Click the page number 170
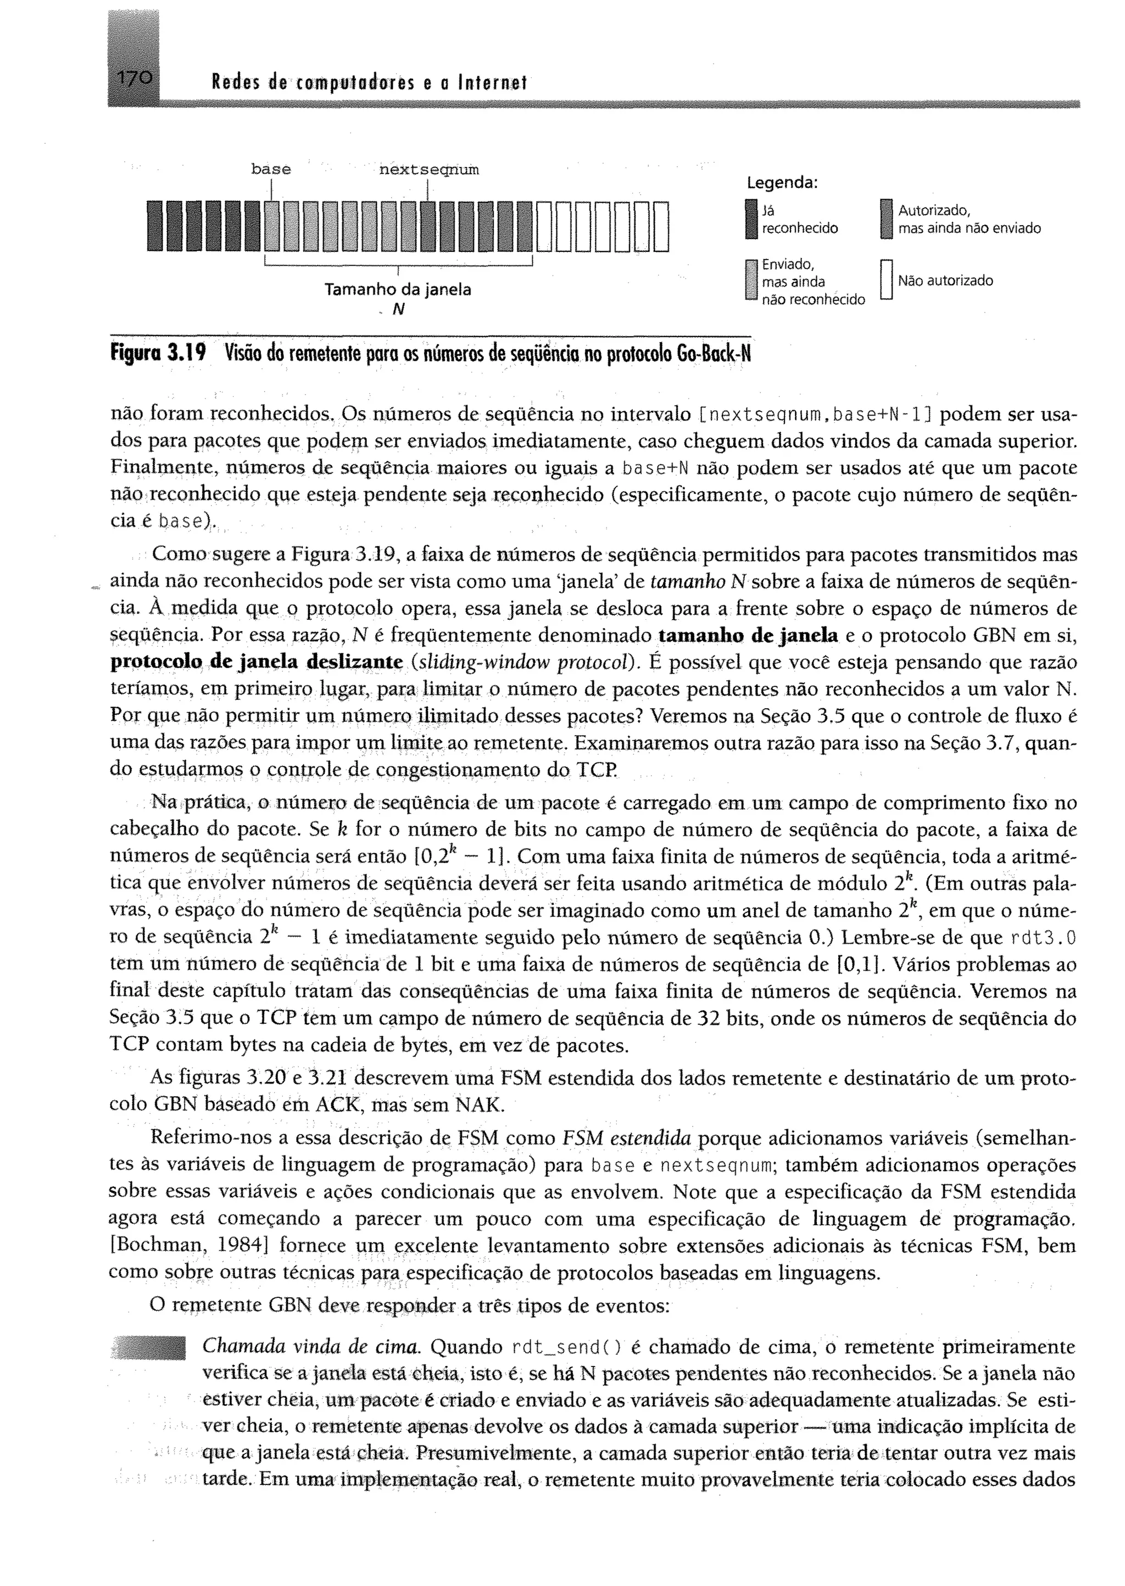click(133, 78)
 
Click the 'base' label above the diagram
click(271, 169)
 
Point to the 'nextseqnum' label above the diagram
click(429, 169)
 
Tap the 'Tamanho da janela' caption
click(398, 289)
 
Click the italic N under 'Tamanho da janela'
click(398, 310)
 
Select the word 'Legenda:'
click(782, 183)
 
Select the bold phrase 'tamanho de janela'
click(748, 635)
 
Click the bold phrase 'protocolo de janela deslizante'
click(257, 662)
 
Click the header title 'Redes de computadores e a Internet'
click(369, 84)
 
